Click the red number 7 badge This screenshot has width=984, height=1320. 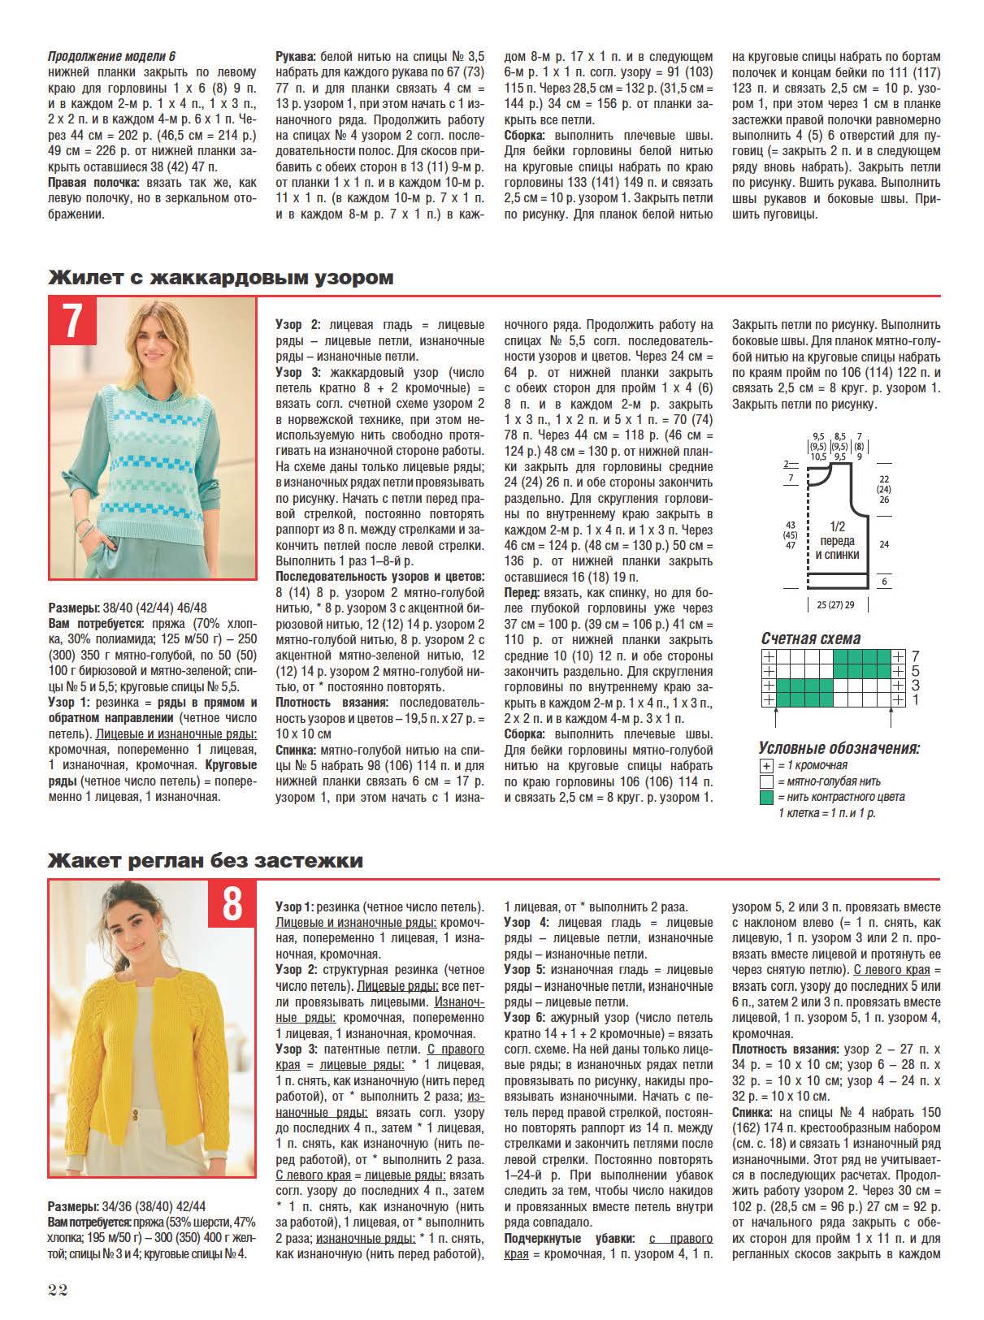tap(73, 321)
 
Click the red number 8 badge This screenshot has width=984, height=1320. tap(232, 904)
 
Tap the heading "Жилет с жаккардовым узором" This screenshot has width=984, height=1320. tap(221, 278)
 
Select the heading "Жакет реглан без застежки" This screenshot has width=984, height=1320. tap(206, 860)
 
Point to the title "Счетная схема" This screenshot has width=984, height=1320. tap(810, 638)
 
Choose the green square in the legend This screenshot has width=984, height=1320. tap(765, 797)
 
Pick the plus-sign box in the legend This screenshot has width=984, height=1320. tap(765, 765)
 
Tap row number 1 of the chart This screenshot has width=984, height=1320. tap(915, 700)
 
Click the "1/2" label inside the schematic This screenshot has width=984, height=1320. tap(837, 526)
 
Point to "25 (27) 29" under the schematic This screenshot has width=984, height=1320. tap(837, 604)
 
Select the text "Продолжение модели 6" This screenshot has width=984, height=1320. tap(111, 56)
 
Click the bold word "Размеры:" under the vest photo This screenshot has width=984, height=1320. tap(75, 607)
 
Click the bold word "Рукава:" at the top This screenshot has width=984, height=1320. tap(297, 57)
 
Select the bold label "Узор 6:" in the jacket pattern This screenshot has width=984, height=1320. tap(527, 1017)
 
